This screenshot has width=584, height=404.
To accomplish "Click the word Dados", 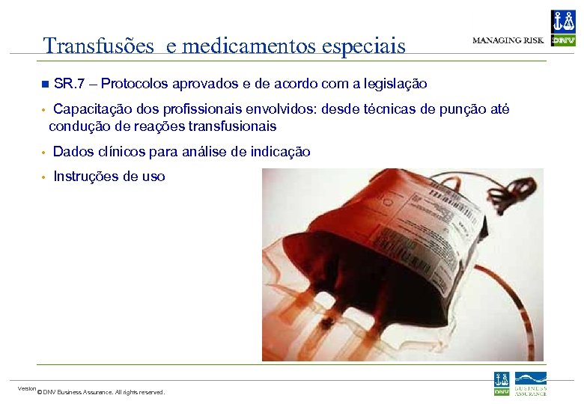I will (72, 152).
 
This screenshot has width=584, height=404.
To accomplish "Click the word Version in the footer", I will (27, 388).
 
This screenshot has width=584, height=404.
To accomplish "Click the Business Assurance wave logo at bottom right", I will (530, 383).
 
